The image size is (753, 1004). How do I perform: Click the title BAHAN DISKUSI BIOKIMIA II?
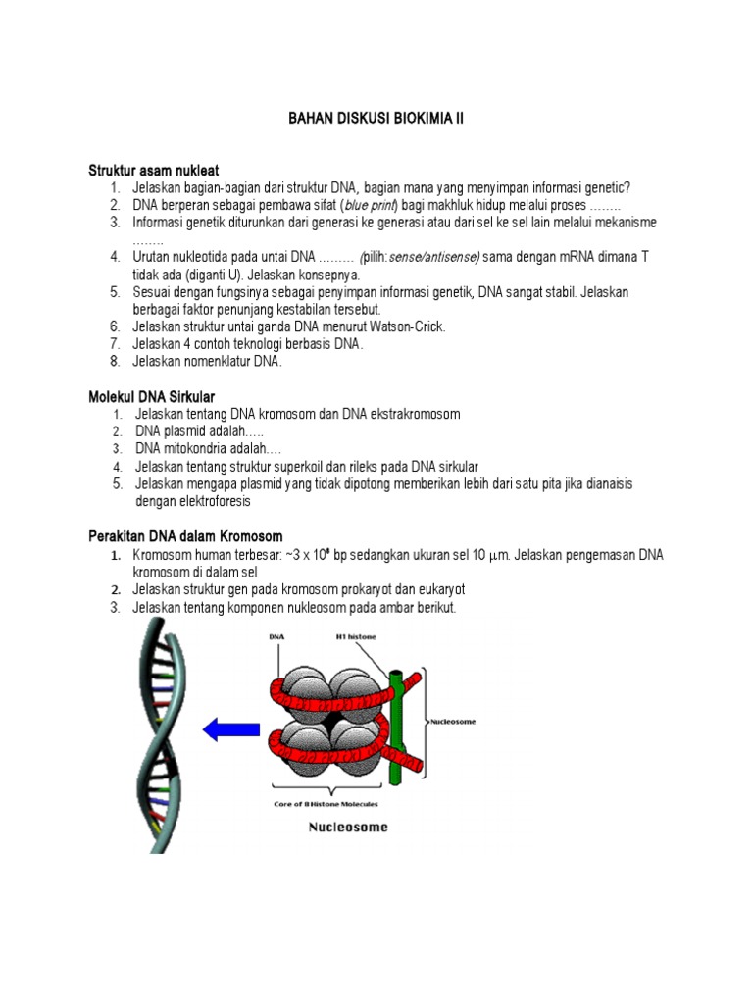coord(376,118)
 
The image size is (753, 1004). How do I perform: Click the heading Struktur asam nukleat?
coord(154,171)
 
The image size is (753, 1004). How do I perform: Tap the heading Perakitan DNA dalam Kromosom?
coord(185,536)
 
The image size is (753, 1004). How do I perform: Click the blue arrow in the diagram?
coord(227,728)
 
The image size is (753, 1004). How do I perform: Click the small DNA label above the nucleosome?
coord(277,636)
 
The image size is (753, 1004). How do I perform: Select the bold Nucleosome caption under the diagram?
coord(348,827)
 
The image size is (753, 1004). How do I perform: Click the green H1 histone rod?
coord(395,726)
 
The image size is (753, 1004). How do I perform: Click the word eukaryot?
coord(434,589)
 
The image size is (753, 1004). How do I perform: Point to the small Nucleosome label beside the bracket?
coord(454,722)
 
